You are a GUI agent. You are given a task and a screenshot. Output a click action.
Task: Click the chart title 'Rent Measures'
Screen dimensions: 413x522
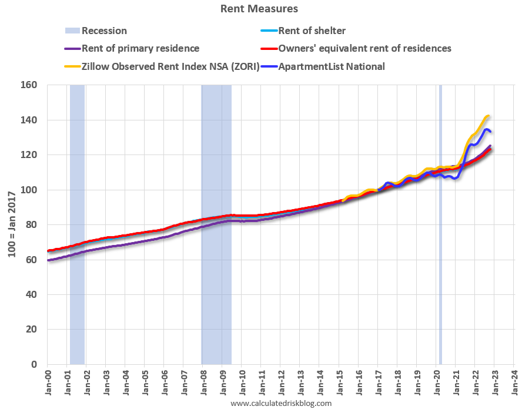259,9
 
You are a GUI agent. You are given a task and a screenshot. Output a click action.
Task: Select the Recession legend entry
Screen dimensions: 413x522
104,31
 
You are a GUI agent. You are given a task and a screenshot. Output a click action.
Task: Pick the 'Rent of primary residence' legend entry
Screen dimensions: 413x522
140,48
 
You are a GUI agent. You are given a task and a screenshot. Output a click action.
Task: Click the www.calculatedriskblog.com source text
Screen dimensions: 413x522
281,404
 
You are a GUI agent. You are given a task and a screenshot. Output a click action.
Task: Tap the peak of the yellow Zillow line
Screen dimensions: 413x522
488,116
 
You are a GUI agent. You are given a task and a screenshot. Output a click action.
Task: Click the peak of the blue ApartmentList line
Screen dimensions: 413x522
487,129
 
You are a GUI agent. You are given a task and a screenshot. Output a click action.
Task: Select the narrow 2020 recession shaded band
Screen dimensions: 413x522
440,223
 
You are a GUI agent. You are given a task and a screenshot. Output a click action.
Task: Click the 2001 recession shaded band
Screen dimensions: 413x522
77,223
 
